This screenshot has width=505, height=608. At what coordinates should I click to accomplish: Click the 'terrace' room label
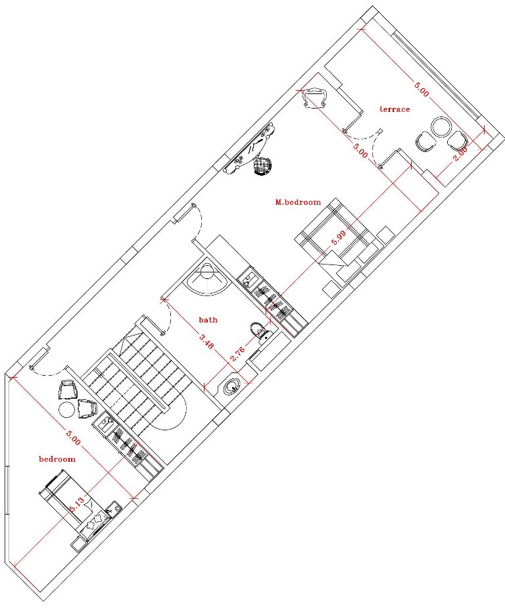395,109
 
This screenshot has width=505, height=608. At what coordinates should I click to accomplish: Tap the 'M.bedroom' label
298,202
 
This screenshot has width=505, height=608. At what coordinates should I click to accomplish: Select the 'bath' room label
208,320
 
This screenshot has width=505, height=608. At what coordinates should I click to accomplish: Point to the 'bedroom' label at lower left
57,459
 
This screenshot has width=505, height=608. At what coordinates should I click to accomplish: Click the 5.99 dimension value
339,238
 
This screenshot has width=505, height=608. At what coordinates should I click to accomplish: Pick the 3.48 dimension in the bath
206,342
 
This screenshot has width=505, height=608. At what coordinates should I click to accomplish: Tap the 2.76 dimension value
237,353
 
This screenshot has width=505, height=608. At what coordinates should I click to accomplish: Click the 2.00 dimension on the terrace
460,153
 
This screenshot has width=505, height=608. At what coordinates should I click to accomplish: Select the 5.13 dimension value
77,505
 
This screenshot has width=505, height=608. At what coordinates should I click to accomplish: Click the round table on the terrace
441,127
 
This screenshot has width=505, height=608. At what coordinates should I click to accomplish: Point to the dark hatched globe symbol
262,166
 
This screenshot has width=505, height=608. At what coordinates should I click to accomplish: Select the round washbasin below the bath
232,387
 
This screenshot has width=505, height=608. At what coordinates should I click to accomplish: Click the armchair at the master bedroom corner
315,99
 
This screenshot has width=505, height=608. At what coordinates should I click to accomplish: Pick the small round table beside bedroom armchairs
66,409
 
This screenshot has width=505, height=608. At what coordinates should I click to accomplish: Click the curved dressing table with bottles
250,148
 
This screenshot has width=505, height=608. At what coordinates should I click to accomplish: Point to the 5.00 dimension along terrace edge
421,89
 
